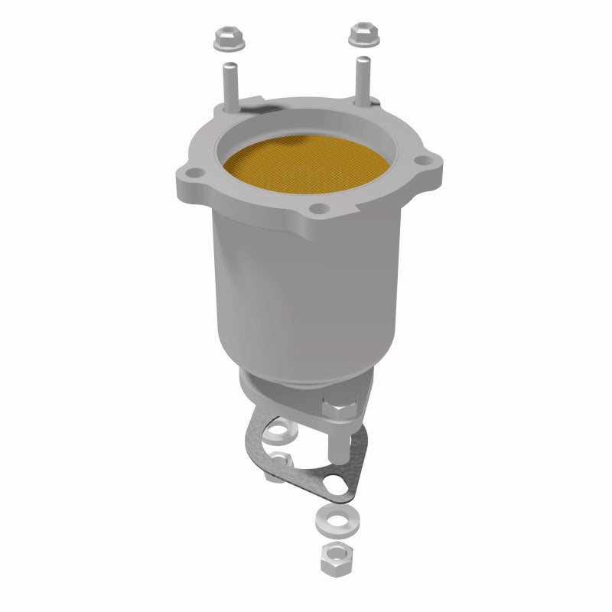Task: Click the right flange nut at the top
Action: point(362,34)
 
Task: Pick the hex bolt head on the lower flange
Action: point(340,409)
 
